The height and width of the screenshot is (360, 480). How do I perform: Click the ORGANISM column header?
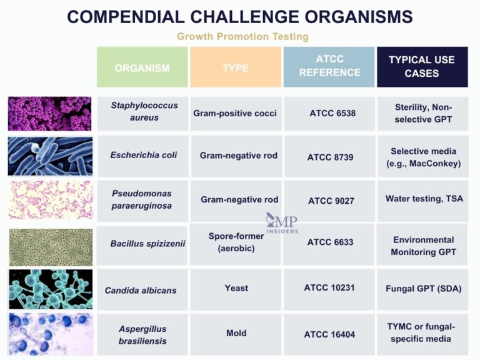click(142, 67)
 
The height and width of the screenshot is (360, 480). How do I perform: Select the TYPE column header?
click(235, 67)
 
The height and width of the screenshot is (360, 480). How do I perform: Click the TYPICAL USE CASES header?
click(422, 66)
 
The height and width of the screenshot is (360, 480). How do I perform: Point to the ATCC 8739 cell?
click(330, 157)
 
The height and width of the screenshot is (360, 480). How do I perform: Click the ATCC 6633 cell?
click(330, 242)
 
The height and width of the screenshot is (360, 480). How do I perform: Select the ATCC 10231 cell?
click(329, 288)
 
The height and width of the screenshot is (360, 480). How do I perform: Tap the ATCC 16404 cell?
click(329, 334)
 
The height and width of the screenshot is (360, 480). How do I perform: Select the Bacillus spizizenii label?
click(147, 243)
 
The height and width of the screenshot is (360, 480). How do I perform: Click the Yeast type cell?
click(236, 288)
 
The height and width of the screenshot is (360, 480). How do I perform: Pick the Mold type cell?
click(236, 333)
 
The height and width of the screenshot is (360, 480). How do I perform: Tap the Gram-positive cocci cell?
click(235, 113)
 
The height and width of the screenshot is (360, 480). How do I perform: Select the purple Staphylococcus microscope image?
click(50, 113)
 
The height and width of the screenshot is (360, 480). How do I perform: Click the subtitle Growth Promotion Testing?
click(242, 36)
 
